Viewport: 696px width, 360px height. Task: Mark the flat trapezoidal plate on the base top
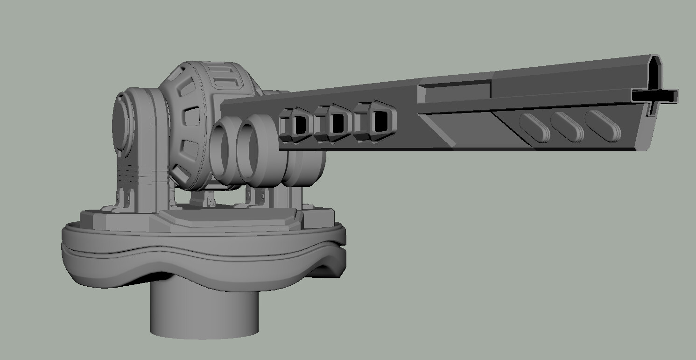pos(229,219)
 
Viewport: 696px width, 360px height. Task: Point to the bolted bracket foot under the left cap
pos(122,198)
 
